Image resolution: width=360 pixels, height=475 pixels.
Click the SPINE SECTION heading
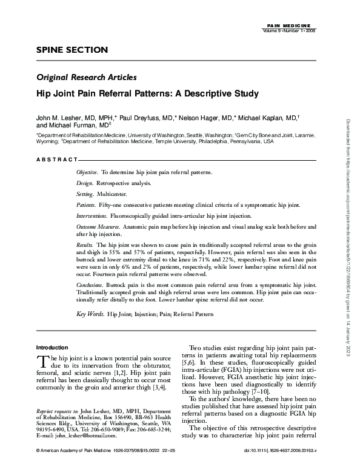72,49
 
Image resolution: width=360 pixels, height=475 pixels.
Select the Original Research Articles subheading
86,77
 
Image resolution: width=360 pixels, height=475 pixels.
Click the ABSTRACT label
56,159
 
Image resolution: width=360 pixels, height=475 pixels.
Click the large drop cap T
42,362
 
